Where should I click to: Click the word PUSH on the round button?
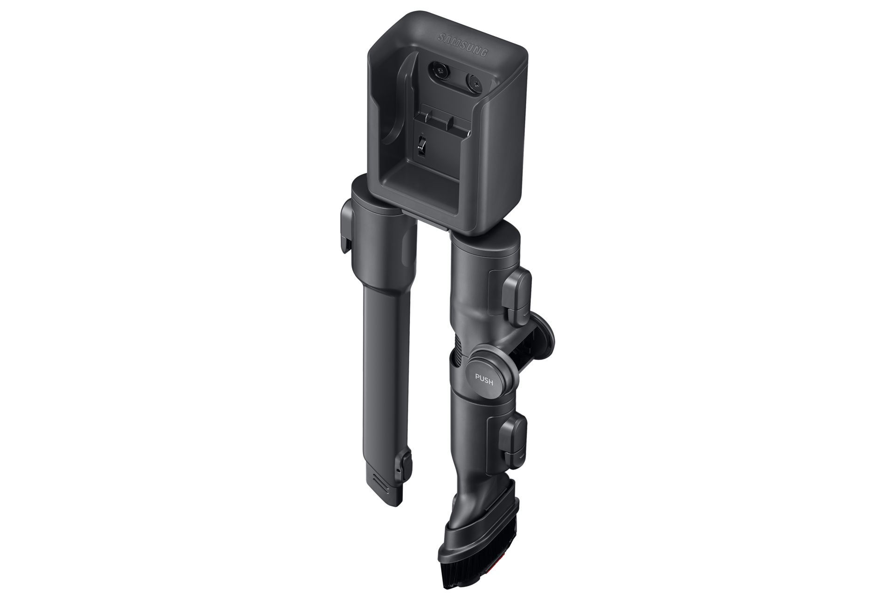[484, 377]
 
